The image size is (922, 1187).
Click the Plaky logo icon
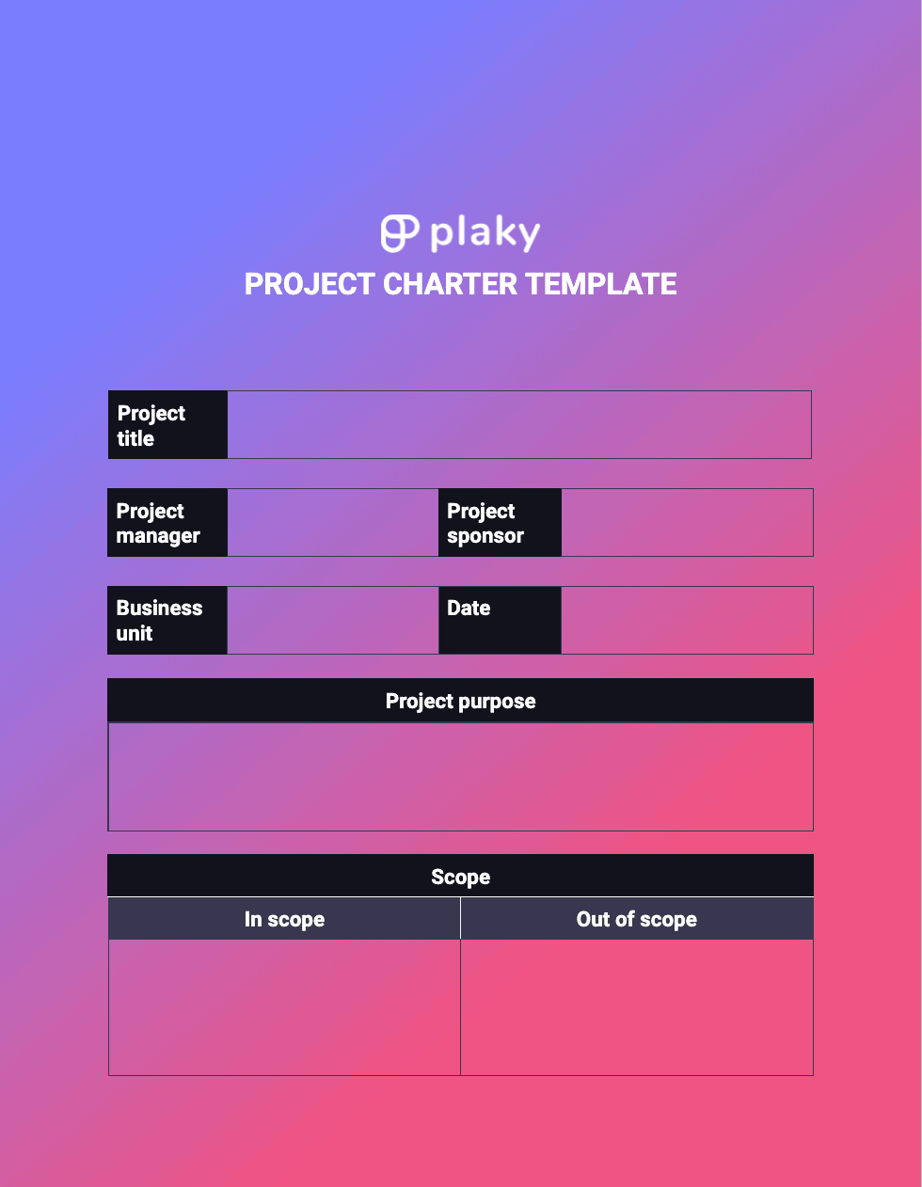pyautogui.click(x=399, y=233)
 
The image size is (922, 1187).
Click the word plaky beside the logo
pyautogui.click(x=485, y=234)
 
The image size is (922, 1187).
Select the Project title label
pyautogui.click(x=151, y=425)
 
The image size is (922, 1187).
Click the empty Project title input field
pyautogui.click(x=518, y=425)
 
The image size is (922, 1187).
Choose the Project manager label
pyautogui.click(x=158, y=523)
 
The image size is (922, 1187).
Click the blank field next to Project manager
pyautogui.click(x=332, y=523)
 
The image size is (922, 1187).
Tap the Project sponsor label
pyautogui.click(x=485, y=523)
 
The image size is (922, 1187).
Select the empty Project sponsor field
pyautogui.click(x=686, y=523)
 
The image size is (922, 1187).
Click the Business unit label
pyautogui.click(x=159, y=621)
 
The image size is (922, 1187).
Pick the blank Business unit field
pyautogui.click(x=332, y=621)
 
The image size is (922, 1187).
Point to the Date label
pyautogui.click(x=469, y=609)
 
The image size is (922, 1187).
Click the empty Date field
pyautogui.click(x=686, y=621)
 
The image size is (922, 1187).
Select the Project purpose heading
pyautogui.click(x=460, y=701)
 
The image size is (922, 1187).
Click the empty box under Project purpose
pyautogui.click(x=460, y=777)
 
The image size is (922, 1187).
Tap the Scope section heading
pyautogui.click(x=460, y=877)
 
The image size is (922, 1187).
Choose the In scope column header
pyautogui.click(x=284, y=919)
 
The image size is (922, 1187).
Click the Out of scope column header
pyautogui.click(x=637, y=919)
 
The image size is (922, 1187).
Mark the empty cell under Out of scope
pyautogui.click(x=637, y=1007)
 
